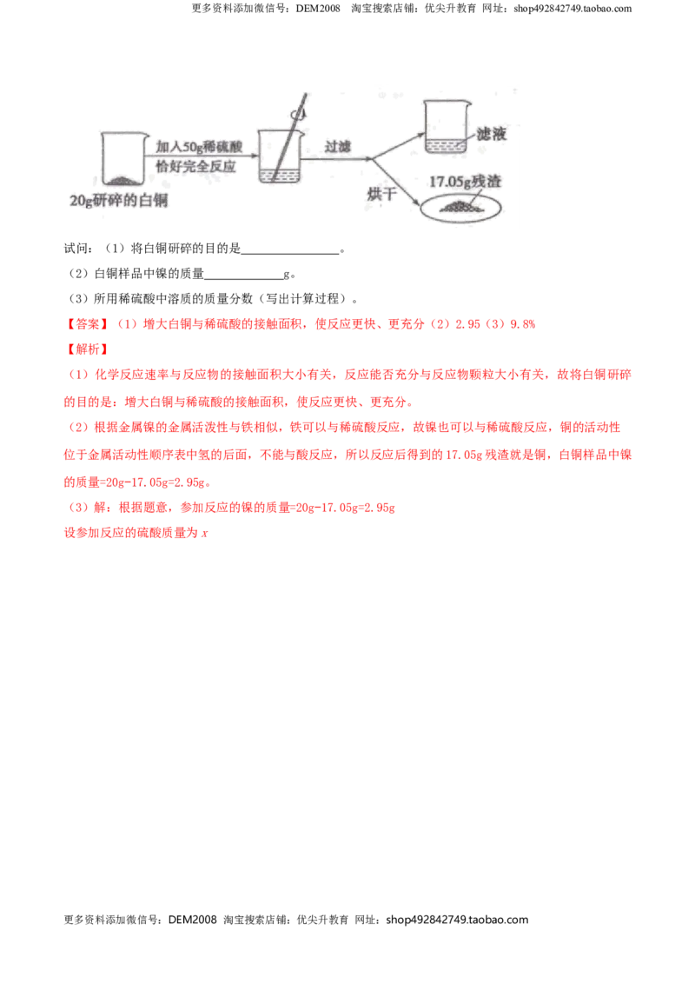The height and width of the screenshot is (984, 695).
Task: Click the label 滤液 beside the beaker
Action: [491, 134]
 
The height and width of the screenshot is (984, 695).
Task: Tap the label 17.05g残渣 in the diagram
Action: [465, 182]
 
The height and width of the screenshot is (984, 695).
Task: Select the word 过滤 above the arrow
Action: [337, 146]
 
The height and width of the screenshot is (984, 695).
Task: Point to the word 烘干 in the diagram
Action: [382, 193]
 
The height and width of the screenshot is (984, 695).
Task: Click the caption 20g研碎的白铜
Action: [118, 200]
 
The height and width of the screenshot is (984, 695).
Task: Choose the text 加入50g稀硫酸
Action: [199, 147]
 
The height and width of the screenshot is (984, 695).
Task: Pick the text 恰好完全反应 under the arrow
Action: [195, 166]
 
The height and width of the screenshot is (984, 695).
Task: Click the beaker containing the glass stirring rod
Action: [281, 156]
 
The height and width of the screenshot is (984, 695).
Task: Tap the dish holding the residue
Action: [461, 207]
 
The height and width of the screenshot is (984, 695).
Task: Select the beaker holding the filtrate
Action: [447, 126]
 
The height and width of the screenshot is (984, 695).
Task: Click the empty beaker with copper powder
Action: [125, 159]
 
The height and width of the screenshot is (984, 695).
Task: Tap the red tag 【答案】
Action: [88, 324]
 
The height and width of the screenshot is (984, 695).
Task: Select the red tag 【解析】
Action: [88, 349]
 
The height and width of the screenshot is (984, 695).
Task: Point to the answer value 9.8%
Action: [523, 324]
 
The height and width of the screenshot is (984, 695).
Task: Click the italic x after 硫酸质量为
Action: [204, 534]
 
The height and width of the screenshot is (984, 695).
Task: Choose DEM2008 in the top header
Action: [318, 9]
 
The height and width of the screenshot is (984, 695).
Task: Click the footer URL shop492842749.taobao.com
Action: [457, 920]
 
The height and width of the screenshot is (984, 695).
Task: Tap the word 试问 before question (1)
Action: [76, 249]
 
